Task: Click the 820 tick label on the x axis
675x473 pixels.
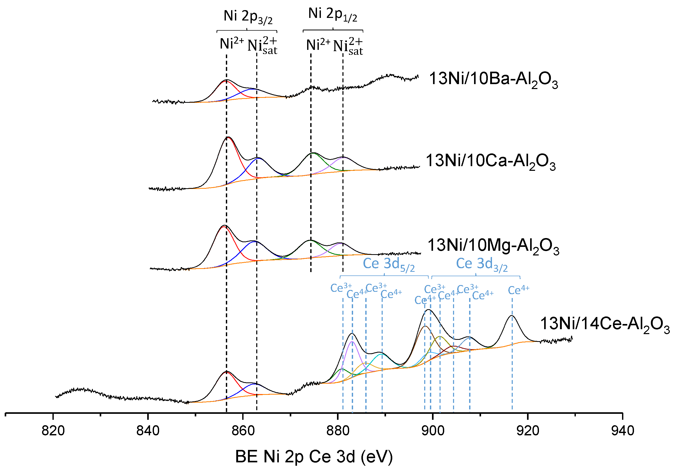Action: click(53, 431)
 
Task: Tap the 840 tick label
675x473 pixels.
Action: click(148, 431)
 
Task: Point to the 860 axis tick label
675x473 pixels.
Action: click(243, 431)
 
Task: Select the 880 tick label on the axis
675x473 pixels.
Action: click(338, 431)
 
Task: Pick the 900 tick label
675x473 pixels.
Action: click(433, 431)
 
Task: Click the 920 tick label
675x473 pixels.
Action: click(528, 431)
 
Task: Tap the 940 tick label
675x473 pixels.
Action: click(623, 431)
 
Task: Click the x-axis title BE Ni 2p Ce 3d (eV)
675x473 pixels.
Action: click(314, 457)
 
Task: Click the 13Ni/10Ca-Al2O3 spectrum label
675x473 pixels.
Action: click(490, 161)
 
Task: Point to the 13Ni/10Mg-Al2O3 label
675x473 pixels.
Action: click(493, 246)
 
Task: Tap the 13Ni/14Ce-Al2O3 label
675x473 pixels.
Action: click(605, 324)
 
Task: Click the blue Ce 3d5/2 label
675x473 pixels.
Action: click(389, 264)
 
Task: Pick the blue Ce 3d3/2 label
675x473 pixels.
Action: click(482, 264)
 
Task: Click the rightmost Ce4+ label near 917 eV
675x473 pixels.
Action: click(519, 290)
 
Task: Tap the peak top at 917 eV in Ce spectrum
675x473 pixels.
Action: click(512, 316)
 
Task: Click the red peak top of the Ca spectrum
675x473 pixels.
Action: click(228, 138)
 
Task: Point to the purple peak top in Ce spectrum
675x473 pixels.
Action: click(353, 342)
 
